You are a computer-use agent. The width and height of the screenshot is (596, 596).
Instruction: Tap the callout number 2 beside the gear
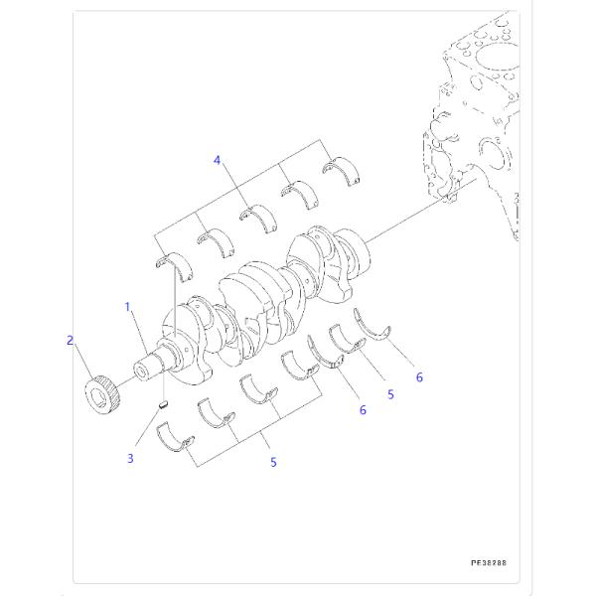pyautogui.click(x=71, y=341)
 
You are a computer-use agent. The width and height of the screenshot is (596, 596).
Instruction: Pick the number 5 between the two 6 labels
pyautogui.click(x=390, y=394)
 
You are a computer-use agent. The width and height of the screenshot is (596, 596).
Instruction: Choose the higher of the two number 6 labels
pyautogui.click(x=419, y=377)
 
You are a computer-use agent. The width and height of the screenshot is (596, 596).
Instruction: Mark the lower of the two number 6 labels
pyautogui.click(x=362, y=409)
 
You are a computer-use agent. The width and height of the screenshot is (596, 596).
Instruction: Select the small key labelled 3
pyautogui.click(x=165, y=404)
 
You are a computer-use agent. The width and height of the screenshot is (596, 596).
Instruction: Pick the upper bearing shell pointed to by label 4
pyautogui.click(x=256, y=213)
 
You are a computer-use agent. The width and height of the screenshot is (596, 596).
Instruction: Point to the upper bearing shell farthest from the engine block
pyautogui.click(x=170, y=261)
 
